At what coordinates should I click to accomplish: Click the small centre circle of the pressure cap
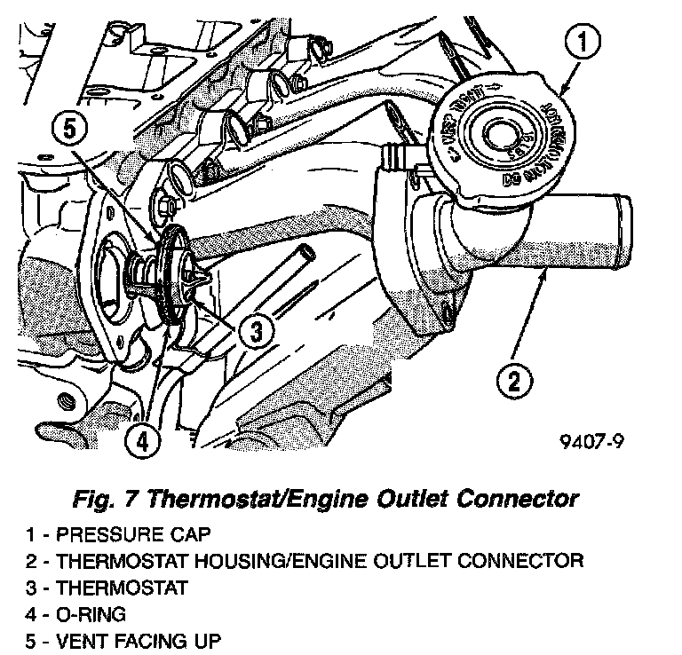497,135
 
